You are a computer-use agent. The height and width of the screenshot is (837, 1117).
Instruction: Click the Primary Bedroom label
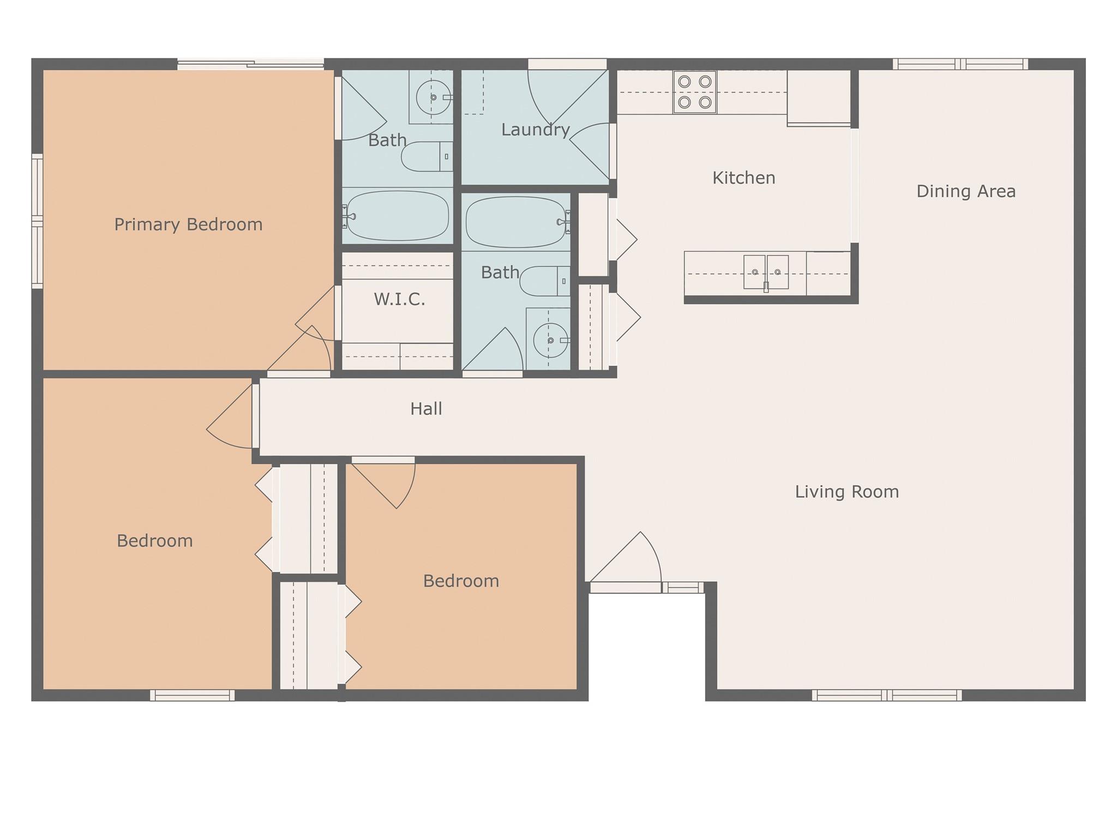tap(188, 225)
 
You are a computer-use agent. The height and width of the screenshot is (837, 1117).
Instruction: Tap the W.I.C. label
tap(399, 299)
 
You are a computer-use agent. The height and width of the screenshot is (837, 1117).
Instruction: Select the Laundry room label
tap(536, 130)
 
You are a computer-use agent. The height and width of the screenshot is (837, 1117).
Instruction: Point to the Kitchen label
tap(744, 178)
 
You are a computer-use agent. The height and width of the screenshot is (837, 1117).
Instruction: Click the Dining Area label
tap(966, 191)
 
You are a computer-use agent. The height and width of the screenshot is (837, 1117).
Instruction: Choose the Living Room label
tap(847, 492)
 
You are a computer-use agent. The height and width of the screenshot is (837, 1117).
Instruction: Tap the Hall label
tap(426, 409)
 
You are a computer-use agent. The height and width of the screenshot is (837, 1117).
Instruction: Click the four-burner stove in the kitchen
tap(695, 92)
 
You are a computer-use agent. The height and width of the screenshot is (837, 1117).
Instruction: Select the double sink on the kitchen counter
tap(766, 272)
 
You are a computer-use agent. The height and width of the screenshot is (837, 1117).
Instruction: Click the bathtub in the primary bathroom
tap(398, 216)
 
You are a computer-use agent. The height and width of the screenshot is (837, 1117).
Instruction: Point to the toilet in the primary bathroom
tap(427, 156)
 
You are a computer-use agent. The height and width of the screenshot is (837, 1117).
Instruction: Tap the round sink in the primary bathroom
tap(433, 98)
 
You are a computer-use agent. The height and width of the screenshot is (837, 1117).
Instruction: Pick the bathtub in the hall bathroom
tap(516, 222)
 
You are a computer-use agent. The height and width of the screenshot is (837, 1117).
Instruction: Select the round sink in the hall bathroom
tap(550, 341)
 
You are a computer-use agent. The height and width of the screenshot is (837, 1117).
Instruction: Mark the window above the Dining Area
tap(960, 64)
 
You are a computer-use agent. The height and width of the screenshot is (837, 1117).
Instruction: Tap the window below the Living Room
tap(887, 695)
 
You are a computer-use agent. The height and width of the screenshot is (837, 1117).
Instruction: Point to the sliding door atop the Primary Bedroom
tap(251, 64)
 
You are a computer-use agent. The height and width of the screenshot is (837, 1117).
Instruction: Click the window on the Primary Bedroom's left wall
tap(37, 221)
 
